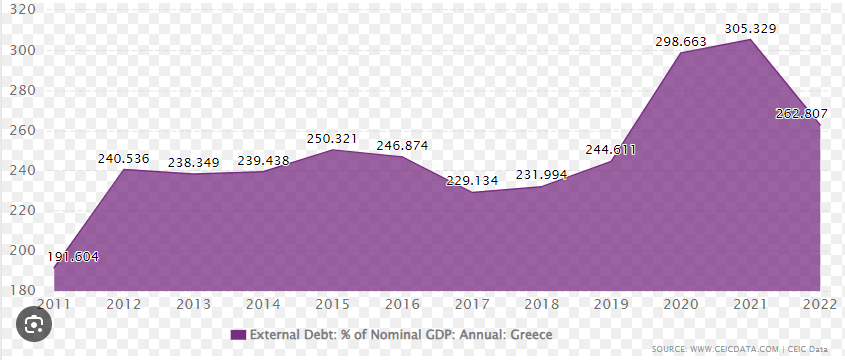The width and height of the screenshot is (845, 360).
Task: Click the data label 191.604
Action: click(x=73, y=256)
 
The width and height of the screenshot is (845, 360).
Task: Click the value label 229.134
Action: click(x=472, y=180)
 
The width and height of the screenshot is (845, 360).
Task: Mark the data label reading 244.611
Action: click(x=611, y=151)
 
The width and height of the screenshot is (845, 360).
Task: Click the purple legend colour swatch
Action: click(x=238, y=333)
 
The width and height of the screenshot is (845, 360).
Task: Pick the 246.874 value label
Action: click(x=402, y=146)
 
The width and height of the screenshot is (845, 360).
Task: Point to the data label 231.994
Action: click(x=541, y=175)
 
